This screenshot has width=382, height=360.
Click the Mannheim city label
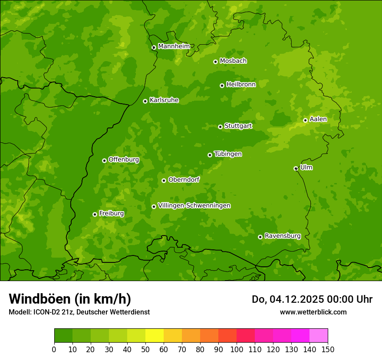(x=174, y=46)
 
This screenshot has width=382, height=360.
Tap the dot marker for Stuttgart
(x=220, y=127)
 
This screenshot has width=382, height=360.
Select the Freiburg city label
(x=111, y=213)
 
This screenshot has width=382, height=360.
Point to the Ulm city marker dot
(x=296, y=168)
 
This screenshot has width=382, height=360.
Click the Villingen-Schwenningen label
(x=194, y=206)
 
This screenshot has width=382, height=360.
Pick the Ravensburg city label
(x=282, y=236)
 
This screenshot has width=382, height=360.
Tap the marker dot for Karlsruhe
(x=145, y=101)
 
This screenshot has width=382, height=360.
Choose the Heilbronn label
(x=241, y=85)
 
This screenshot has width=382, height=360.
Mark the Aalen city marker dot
(x=305, y=120)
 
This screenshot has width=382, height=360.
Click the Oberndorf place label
(x=184, y=180)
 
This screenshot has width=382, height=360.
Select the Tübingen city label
(x=227, y=154)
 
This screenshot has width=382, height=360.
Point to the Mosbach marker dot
(x=215, y=62)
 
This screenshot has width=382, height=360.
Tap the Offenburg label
(x=123, y=160)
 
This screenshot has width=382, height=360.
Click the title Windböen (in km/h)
(x=69, y=299)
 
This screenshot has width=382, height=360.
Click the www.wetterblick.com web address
(x=313, y=312)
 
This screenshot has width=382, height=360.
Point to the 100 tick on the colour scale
(x=237, y=349)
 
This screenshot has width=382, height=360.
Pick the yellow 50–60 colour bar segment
(x=155, y=336)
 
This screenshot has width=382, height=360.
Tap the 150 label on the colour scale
(x=328, y=349)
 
